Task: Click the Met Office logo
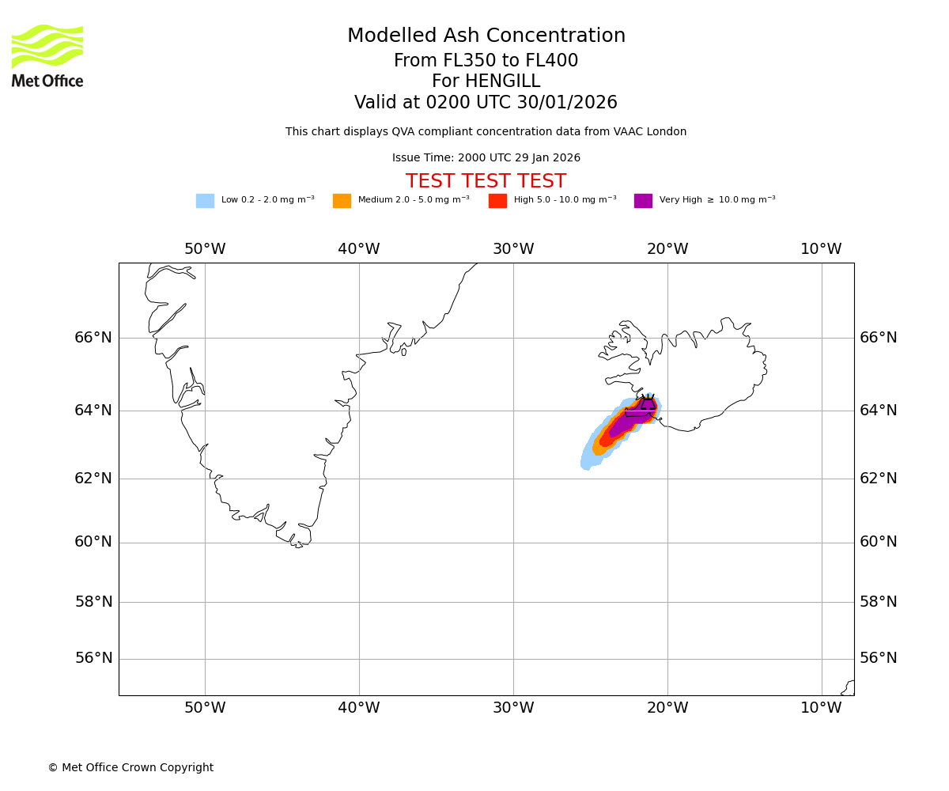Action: coord(47,55)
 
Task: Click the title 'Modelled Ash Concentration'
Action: coord(486,36)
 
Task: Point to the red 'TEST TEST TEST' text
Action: coord(486,182)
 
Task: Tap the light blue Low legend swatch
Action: coord(205,201)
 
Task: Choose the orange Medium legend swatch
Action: coord(342,201)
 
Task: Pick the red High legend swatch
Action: coord(497,201)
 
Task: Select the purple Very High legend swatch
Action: coord(643,201)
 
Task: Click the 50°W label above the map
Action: coord(205,249)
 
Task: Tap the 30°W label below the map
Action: coord(513,708)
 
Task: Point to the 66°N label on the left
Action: coord(93,338)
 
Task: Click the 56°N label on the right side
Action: coord(879,658)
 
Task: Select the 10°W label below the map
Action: coord(821,708)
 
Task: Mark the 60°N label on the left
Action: coord(93,542)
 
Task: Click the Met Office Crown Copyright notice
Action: coord(130,768)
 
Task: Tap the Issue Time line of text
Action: coord(486,158)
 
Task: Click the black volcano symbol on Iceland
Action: coord(648,403)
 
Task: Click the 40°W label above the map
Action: coord(359,249)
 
